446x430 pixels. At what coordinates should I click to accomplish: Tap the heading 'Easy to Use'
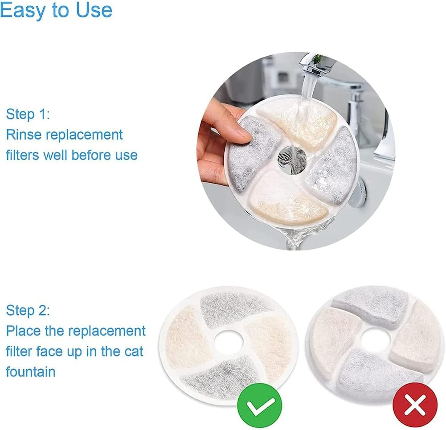pos(56,11)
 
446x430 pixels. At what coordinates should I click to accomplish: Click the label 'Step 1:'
pos(28,114)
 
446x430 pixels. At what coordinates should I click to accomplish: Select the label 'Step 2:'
pos(28,310)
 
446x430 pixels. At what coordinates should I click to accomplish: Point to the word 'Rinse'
pos(23,135)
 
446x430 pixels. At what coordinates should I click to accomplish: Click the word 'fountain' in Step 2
pos(31,371)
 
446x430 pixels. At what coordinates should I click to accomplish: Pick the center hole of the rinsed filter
pos(292,158)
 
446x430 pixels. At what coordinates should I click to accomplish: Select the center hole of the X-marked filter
pos(375,340)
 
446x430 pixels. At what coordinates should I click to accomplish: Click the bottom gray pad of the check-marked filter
pos(218,377)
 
